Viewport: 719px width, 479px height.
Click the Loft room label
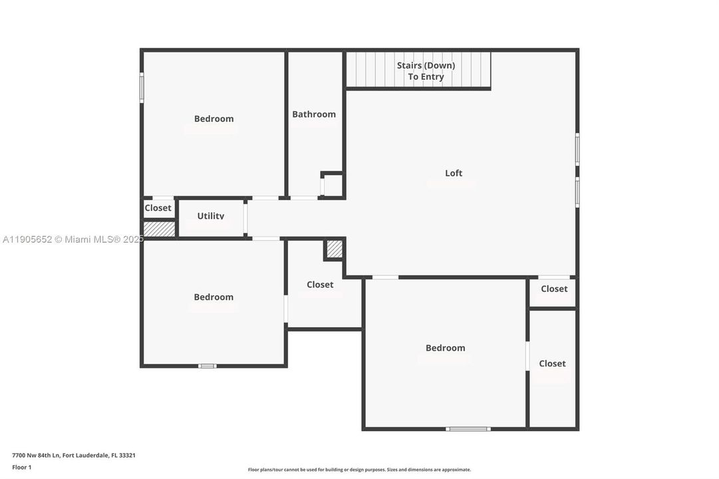454,173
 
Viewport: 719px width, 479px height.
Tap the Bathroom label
314,114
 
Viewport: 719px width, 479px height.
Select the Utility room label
211,216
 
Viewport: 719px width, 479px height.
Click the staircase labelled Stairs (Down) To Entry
418,71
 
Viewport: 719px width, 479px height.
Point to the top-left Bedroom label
214,119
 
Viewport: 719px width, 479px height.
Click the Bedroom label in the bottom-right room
445,348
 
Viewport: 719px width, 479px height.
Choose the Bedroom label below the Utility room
214,297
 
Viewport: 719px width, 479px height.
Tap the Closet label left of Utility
158,208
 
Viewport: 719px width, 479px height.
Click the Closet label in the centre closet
320,285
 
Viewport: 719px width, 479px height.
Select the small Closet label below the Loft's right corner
554,289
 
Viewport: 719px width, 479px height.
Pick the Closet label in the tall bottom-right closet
552,363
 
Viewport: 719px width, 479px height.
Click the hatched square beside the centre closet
335,249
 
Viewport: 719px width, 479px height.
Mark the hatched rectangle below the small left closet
160,228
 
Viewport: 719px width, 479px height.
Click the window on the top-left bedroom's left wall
142,87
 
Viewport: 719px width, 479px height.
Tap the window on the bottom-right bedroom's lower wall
468,429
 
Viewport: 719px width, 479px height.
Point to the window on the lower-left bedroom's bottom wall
208,366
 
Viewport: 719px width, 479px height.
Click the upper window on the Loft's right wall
577,149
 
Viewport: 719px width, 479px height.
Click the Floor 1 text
22,467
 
